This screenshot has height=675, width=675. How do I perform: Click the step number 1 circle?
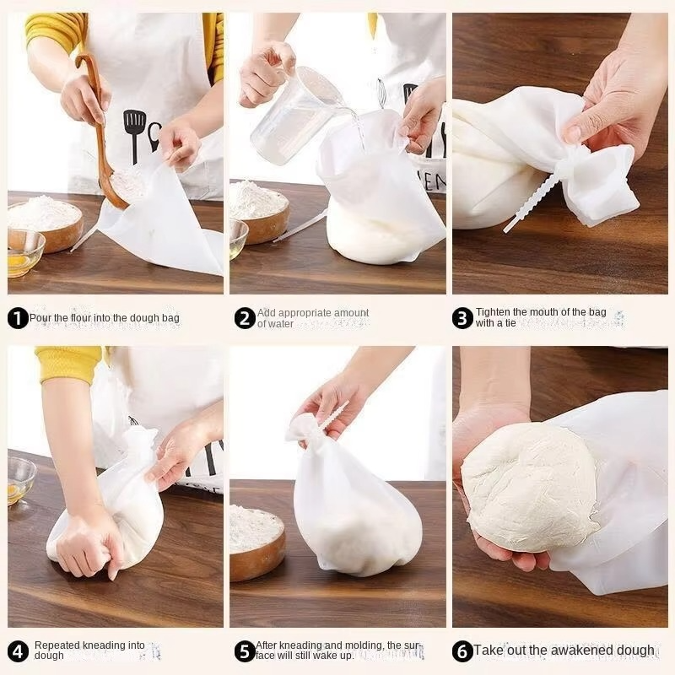pos(18,318)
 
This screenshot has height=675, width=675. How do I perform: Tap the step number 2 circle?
pos(245,318)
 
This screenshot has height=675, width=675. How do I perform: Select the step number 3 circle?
pos(462,318)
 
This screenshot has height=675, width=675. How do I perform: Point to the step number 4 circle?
pos(18,651)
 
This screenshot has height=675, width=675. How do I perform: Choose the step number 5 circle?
pos(245,651)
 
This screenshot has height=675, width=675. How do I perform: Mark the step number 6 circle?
pos(462,651)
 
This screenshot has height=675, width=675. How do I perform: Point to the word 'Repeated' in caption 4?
pos(57,645)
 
